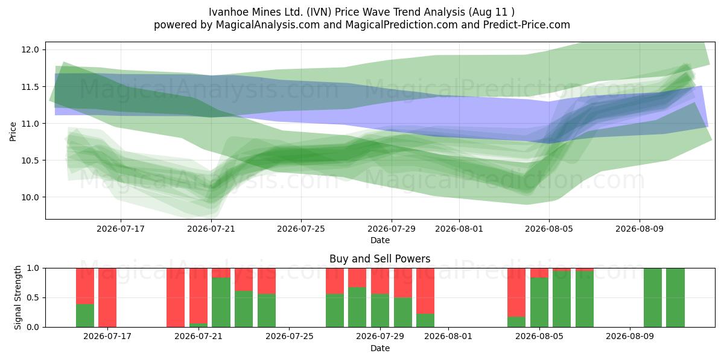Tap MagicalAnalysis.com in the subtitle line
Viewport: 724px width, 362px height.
[268, 25]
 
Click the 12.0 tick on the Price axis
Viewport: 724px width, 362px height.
[30, 49]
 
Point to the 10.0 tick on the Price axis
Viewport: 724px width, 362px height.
[30, 197]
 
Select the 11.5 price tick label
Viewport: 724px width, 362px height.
[30, 87]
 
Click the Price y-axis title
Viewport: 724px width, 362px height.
[13, 132]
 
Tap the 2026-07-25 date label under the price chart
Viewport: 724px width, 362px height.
[301, 229]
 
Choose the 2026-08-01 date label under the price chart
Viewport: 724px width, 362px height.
[459, 229]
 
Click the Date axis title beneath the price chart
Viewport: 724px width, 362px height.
[380, 240]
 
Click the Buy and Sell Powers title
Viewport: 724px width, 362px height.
[380, 259]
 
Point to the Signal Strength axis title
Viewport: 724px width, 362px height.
[17, 297]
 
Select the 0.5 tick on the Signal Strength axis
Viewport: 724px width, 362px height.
[33, 297]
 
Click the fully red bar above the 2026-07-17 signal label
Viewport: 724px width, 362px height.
[107, 297]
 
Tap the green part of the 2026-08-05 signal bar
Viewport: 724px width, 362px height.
[539, 302]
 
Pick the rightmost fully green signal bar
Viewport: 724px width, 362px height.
[676, 297]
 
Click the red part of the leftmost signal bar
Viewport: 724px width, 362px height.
[85, 286]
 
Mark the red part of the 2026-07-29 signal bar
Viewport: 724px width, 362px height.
[380, 281]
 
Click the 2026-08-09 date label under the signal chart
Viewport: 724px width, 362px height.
[630, 336]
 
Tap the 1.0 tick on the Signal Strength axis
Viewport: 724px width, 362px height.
[33, 268]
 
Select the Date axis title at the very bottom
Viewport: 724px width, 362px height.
[380, 348]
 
